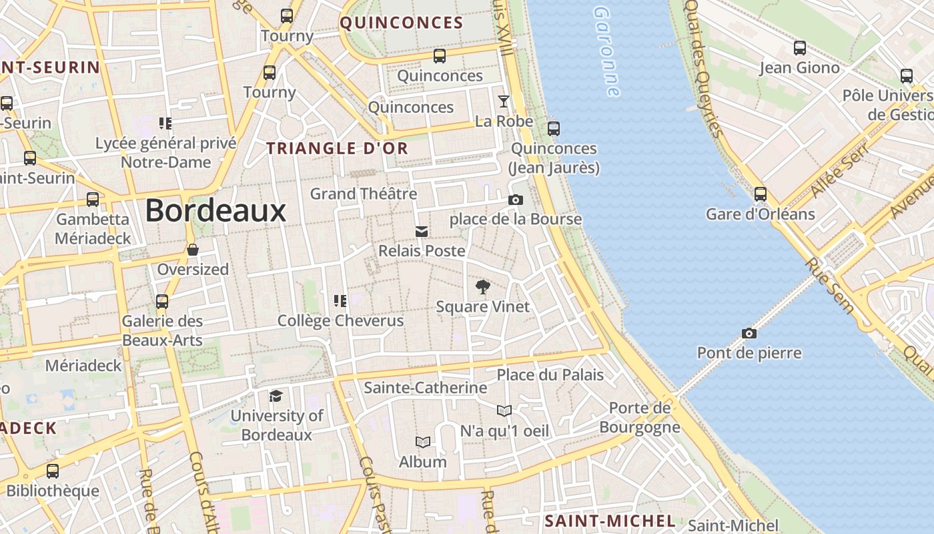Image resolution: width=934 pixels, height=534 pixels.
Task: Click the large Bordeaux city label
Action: click(x=215, y=211)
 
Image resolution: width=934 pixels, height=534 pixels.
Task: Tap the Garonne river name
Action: click(x=606, y=52)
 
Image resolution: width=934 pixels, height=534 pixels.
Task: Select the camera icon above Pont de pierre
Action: click(x=749, y=333)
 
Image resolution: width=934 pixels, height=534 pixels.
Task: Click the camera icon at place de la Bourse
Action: click(x=515, y=200)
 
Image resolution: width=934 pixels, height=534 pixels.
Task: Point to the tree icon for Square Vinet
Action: click(x=482, y=288)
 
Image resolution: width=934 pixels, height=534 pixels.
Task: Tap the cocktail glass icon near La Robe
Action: click(x=504, y=101)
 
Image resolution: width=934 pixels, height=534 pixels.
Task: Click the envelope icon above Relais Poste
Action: click(x=422, y=232)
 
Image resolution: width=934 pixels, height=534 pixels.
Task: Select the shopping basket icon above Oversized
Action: click(x=193, y=250)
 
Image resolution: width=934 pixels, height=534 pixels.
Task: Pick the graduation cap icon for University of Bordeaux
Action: click(x=276, y=396)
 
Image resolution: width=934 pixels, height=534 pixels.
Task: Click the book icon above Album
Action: click(x=422, y=442)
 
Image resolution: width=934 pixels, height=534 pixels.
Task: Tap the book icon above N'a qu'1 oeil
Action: click(x=504, y=411)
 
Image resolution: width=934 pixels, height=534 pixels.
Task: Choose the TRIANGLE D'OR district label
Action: click(x=338, y=149)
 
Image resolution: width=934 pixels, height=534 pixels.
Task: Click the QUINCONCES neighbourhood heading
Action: click(x=402, y=23)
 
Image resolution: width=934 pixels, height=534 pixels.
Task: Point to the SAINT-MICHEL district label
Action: click(x=610, y=521)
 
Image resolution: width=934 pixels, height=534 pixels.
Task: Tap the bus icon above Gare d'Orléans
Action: click(x=761, y=194)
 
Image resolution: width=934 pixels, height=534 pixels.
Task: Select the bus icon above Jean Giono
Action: click(x=799, y=48)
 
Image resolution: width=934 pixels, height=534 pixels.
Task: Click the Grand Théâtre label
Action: click(x=364, y=194)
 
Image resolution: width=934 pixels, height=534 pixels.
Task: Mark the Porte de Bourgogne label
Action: click(x=640, y=417)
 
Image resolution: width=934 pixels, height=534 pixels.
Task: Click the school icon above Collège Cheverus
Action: click(x=340, y=301)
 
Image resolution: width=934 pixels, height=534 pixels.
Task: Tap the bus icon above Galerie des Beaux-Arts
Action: click(x=162, y=302)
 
